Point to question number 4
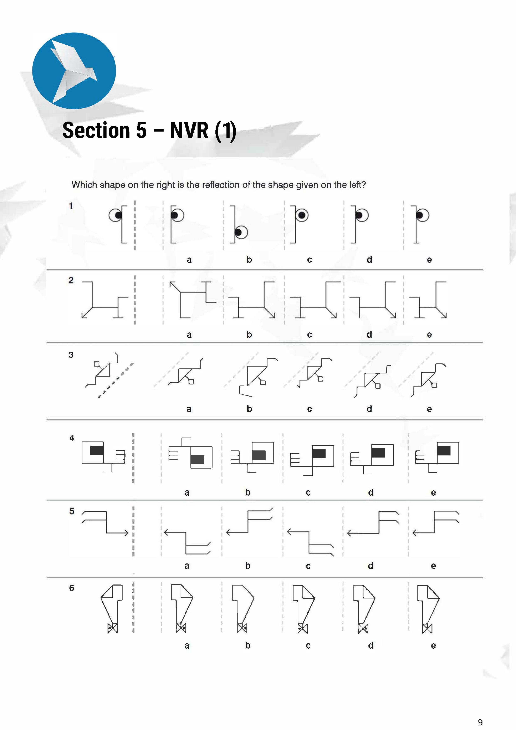coord(72,438)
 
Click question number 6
coord(72,588)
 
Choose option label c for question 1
coord(309,260)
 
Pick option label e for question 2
coord(429,335)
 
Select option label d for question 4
coord(371,492)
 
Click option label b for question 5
coord(248,566)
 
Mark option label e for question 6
coord(433,645)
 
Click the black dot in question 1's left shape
coord(118,215)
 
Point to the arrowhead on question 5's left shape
coord(127,533)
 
